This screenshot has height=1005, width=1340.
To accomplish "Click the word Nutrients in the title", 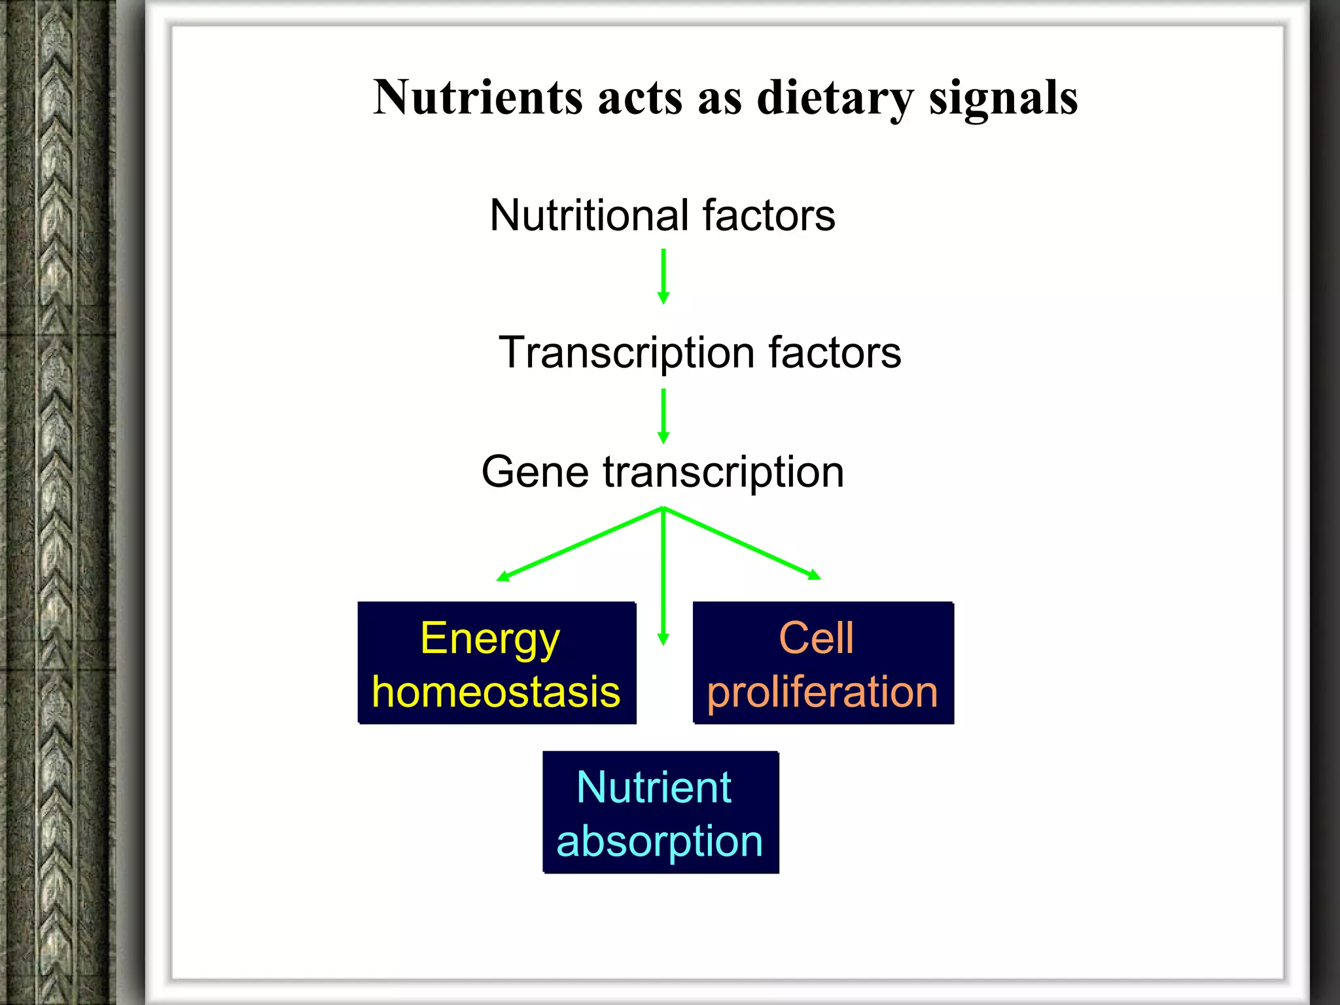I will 478,98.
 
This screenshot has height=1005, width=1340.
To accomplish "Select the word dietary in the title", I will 835,98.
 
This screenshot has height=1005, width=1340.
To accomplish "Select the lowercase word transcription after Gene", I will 724,472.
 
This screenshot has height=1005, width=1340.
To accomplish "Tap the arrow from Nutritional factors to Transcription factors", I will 663,275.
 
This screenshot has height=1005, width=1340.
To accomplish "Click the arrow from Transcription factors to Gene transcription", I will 663,415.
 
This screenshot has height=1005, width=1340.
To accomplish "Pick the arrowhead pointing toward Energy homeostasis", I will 502,576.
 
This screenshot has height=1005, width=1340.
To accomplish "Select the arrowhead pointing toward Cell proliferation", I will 814,574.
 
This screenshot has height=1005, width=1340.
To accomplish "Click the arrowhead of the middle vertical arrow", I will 663,639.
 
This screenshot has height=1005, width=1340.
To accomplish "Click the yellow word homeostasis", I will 496,692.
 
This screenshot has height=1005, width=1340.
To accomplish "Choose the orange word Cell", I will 816,638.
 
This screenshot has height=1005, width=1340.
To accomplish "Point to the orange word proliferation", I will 822,692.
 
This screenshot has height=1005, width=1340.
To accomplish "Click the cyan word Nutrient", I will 654,787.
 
